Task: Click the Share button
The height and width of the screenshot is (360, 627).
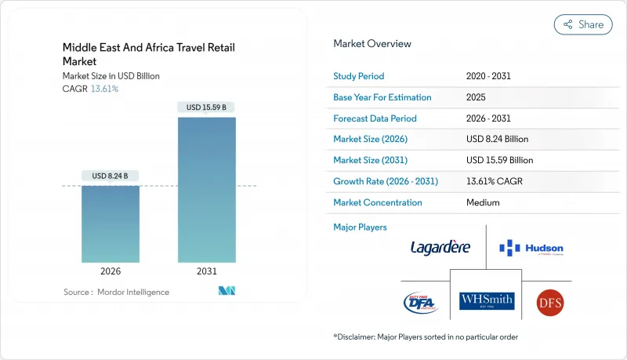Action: [583, 24]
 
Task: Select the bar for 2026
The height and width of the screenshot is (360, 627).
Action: [111, 224]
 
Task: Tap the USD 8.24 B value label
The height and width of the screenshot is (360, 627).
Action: [111, 175]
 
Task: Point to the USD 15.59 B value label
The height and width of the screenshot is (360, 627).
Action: [208, 107]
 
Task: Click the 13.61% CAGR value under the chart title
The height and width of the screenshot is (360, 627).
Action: [104, 89]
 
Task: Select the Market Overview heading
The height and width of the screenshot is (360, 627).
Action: [372, 44]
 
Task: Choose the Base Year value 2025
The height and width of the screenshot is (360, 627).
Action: [476, 97]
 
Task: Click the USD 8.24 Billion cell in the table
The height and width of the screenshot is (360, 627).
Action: [497, 139]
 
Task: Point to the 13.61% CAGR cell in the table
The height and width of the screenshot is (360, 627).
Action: [494, 181]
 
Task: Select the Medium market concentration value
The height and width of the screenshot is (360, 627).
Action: [482, 202]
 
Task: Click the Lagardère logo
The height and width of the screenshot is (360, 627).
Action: [440, 248]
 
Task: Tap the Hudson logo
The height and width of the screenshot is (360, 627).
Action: [531, 249]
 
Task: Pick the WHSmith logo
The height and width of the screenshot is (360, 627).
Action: [487, 300]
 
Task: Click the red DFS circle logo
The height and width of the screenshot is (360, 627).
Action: [550, 302]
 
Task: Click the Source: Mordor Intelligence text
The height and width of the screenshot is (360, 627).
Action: [116, 292]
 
